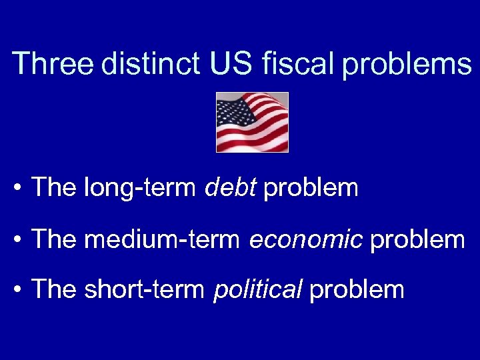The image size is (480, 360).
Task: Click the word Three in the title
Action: coord(53,64)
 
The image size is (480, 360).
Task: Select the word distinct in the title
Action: coord(150,64)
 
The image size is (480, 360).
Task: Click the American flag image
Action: coord(252,123)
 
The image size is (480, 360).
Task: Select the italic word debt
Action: coord(231,188)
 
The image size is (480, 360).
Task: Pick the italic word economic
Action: coord(306,239)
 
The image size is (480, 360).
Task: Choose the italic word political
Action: coord(258,289)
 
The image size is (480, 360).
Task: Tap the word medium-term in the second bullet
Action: coord(163,239)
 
